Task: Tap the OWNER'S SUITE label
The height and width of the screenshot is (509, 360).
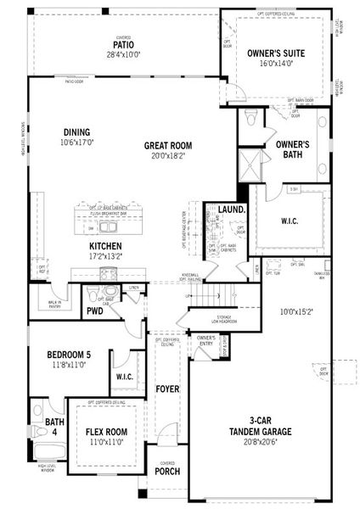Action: point(270,53)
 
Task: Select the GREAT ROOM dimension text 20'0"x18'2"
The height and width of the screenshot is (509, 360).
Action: point(168,156)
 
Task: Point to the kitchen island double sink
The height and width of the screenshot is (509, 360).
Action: point(110,227)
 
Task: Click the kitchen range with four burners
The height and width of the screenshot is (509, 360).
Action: point(108,272)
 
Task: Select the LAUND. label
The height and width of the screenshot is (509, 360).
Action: point(231,209)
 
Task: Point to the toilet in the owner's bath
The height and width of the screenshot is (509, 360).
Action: point(251,118)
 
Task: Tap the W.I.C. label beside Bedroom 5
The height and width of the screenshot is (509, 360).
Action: point(124,376)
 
